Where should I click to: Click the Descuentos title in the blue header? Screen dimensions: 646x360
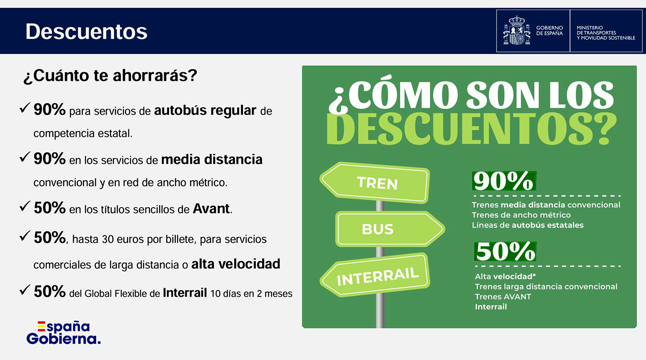pos(86,31)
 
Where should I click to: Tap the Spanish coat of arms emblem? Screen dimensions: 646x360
pos(517,30)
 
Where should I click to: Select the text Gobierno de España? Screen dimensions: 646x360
pos(549,30)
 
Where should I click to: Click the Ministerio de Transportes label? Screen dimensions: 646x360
pos(606,33)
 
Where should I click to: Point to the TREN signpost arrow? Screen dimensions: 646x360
pos(375,182)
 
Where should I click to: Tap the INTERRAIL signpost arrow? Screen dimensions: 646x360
pos(375,275)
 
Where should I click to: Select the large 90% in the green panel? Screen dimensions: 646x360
pos(504,181)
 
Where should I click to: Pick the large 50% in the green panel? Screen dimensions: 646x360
pos(505,251)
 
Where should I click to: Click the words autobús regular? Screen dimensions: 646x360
pos(205,110)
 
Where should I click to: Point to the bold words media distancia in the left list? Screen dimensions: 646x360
pos(212,159)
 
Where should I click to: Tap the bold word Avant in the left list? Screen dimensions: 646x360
pos(211,208)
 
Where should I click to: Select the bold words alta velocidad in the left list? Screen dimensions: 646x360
pos(236,264)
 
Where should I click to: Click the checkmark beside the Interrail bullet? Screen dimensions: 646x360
pos(25,289)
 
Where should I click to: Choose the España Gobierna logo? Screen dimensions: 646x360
pos(64,333)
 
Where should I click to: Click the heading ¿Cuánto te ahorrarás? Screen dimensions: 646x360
pos(110,76)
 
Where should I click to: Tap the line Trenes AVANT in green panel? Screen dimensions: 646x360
pos(503,296)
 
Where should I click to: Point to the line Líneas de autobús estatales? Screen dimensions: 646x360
pos(527,225)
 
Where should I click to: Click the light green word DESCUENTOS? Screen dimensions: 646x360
pos(471,129)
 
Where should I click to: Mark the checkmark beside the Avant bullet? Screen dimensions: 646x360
pos(25,206)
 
